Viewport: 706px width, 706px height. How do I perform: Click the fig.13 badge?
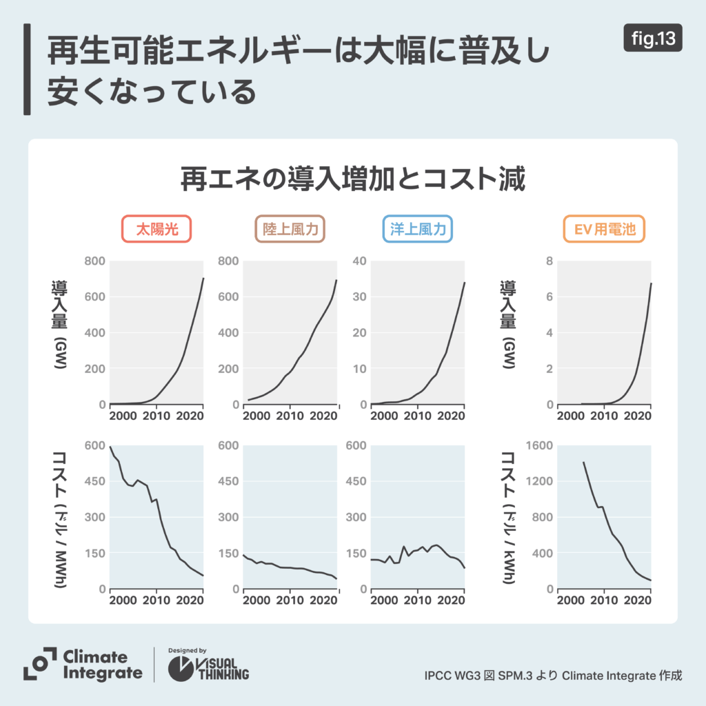point(653,39)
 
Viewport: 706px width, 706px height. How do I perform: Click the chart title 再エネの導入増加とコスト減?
point(353,179)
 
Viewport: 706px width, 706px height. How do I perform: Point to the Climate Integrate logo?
point(83,665)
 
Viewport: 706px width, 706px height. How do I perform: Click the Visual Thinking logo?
point(210,665)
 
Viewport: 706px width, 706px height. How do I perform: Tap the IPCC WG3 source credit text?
point(553,675)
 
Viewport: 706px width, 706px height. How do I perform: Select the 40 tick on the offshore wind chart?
point(358,261)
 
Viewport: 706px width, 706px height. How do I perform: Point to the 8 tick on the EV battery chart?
point(549,261)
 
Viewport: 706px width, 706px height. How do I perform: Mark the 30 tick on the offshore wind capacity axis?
point(358,297)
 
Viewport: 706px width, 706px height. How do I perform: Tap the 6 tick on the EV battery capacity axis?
point(549,297)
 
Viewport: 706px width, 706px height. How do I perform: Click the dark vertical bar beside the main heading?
point(27,70)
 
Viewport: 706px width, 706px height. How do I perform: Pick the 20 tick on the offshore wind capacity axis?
point(358,333)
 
